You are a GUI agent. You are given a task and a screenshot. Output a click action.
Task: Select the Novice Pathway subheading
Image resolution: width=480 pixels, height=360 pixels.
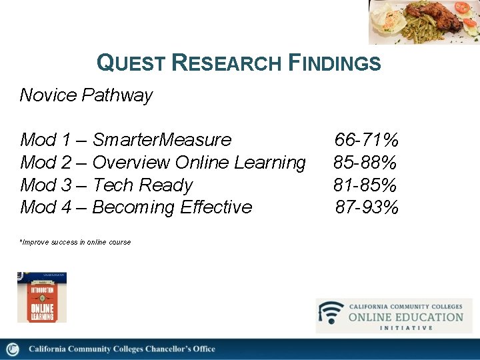86,95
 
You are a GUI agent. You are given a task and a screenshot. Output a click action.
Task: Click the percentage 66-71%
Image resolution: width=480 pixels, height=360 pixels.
366,140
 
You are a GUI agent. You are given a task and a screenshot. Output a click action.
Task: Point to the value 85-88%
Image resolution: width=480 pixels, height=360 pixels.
366,163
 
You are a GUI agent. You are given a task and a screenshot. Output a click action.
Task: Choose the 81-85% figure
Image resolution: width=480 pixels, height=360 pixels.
366,185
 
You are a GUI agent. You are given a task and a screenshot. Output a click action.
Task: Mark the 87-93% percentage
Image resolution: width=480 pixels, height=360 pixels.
367,207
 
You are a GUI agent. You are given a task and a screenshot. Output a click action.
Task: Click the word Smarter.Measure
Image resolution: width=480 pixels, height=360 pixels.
161,140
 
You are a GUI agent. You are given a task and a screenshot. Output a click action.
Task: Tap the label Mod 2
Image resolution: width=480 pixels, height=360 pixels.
46,163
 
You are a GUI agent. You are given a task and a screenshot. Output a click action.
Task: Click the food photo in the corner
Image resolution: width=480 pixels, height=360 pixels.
423,21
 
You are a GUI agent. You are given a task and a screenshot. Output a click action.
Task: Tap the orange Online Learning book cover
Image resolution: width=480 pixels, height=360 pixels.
41,297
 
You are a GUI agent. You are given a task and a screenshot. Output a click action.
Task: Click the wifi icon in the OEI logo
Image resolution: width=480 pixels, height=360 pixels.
331,313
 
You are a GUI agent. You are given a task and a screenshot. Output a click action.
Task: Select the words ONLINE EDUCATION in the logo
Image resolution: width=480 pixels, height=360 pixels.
405,317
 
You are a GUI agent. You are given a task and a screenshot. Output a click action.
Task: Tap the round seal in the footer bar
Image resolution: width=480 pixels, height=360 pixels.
13,349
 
